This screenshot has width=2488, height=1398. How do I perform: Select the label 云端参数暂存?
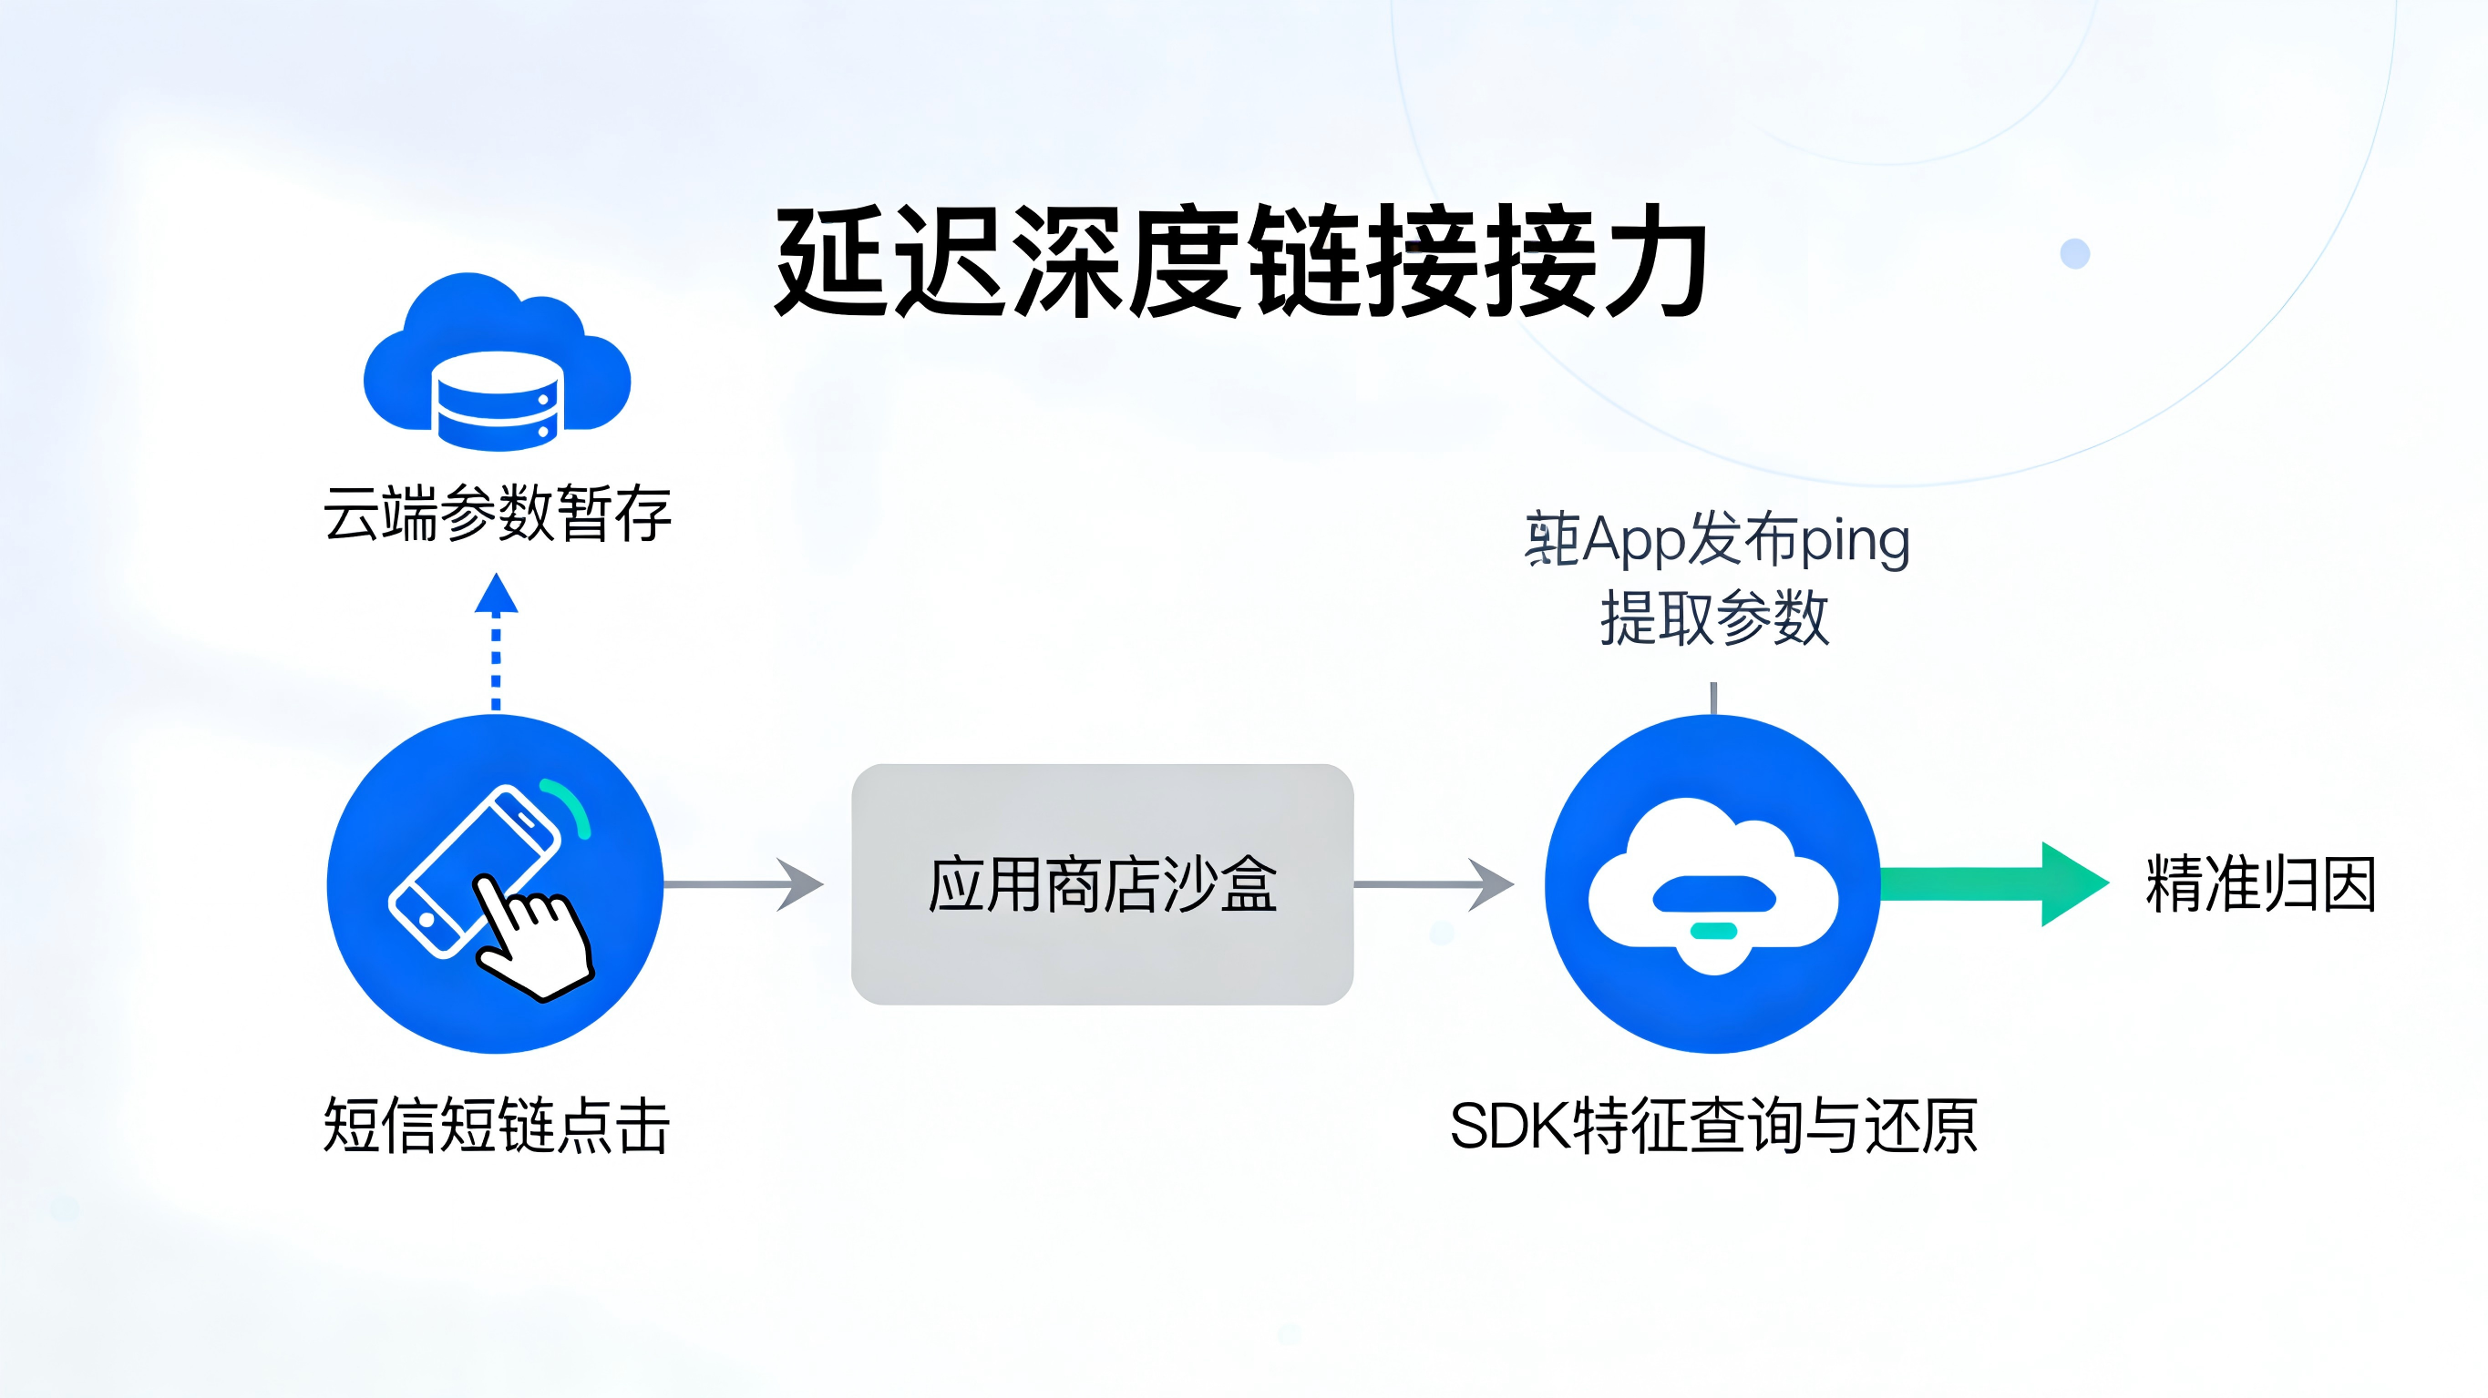click(497, 514)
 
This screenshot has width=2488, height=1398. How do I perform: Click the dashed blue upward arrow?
click(496, 641)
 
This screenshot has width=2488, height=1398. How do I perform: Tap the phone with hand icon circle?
click(495, 883)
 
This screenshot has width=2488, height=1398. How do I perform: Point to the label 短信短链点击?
click(497, 1126)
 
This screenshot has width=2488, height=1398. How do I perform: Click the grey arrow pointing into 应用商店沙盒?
click(745, 884)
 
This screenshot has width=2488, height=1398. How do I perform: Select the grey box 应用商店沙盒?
click(1102, 884)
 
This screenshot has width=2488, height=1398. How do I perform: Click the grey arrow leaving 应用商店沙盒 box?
click(1434, 884)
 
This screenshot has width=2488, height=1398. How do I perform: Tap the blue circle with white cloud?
click(1712, 883)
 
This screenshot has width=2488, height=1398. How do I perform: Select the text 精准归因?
click(2260, 884)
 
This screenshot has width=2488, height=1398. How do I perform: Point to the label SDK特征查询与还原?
click(1713, 1126)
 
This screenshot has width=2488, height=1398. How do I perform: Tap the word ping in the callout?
click(1855, 541)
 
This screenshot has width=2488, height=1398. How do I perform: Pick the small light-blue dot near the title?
click(2074, 254)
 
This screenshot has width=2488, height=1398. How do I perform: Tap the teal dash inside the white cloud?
click(1714, 931)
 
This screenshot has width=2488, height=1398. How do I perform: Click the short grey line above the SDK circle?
click(1713, 698)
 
